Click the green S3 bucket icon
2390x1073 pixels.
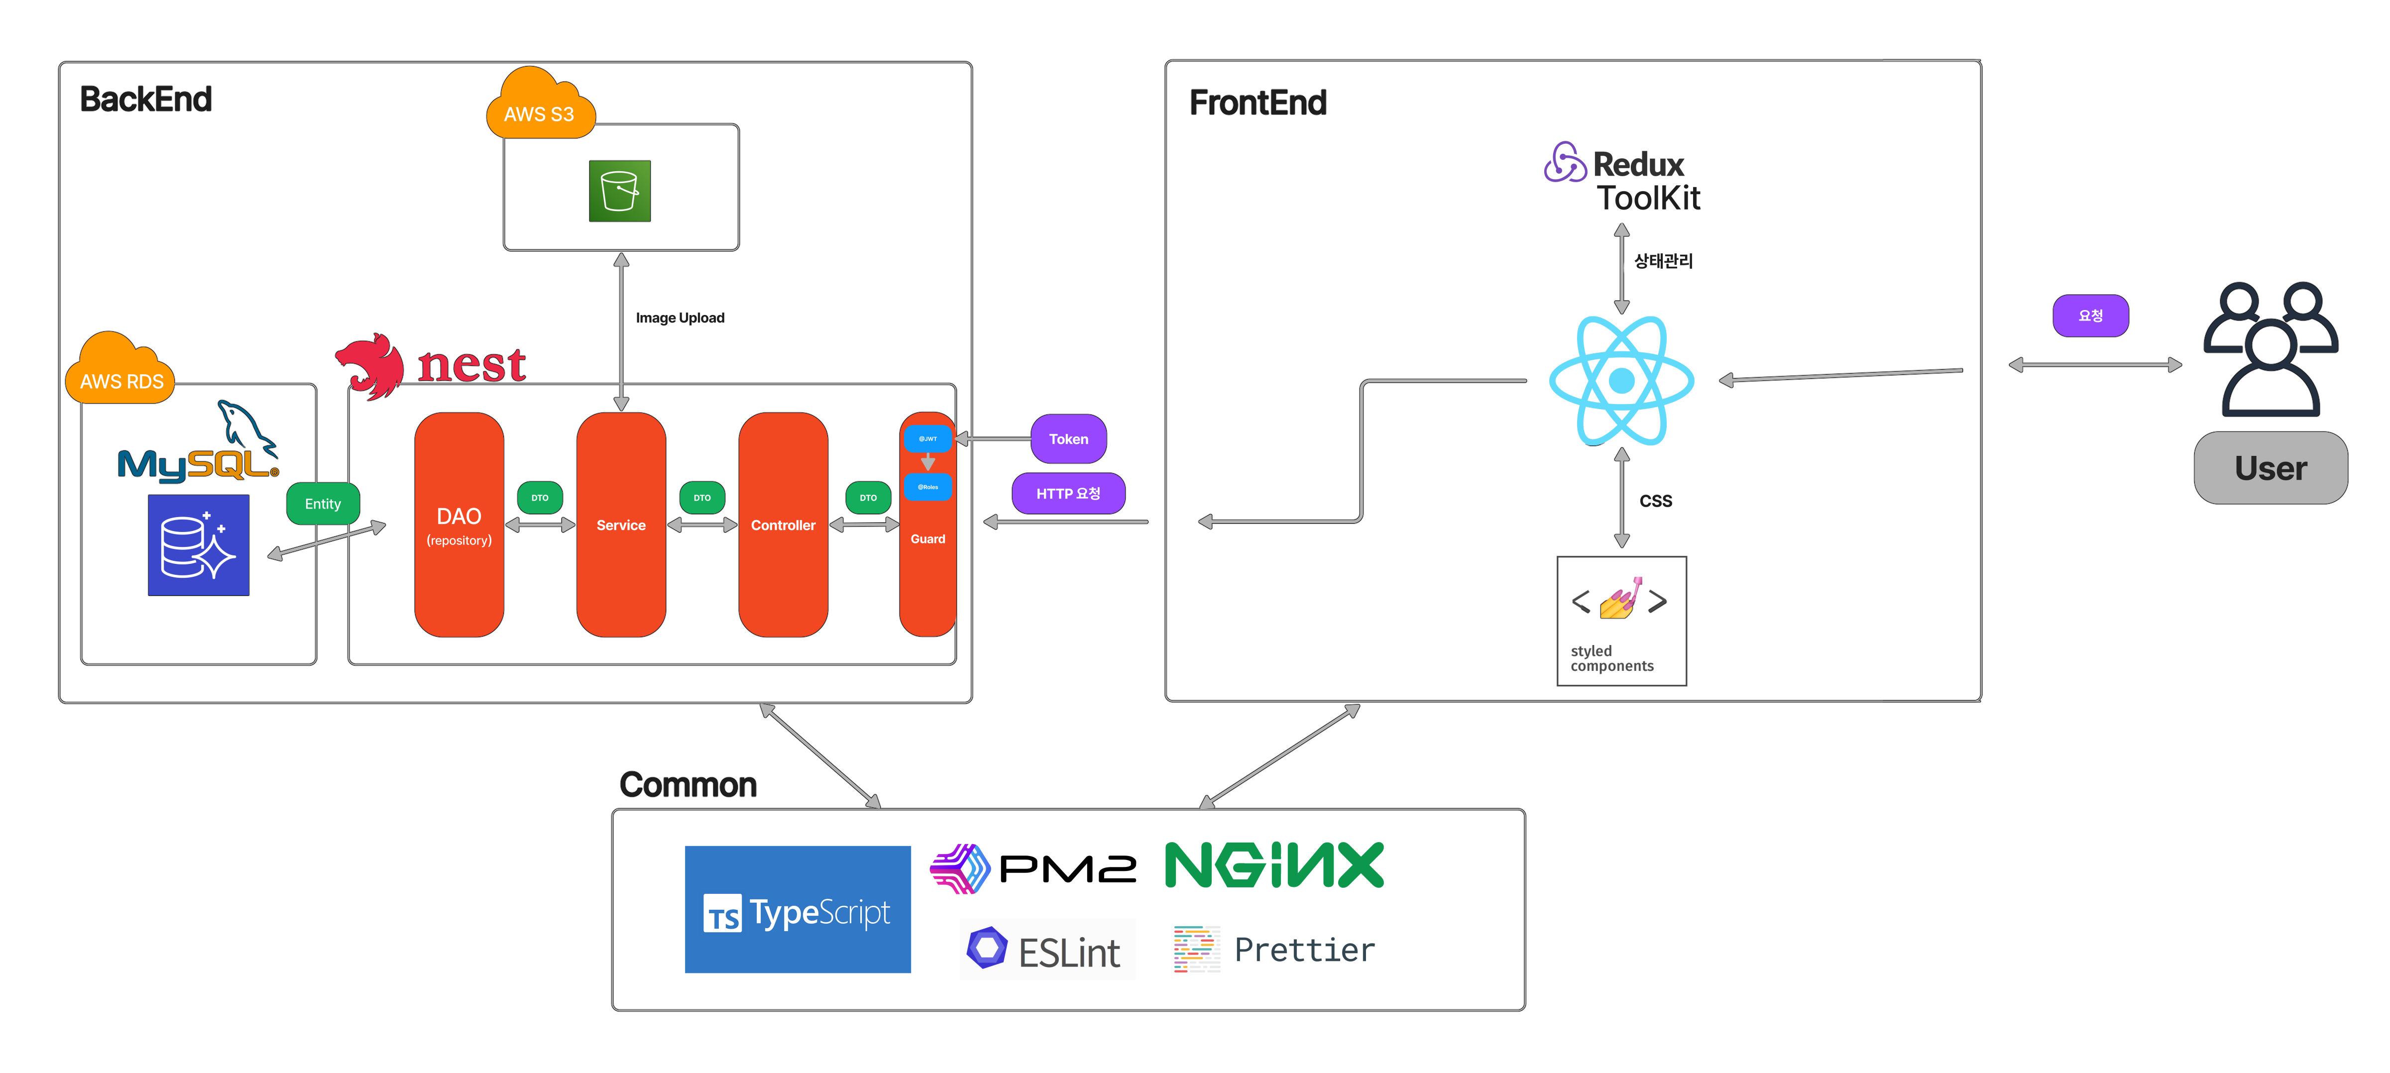620,191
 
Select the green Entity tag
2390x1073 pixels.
323,504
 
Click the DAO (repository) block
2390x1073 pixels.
459,525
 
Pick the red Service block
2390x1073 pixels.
621,525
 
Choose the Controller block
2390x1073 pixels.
783,525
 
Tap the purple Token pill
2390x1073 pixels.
1068,438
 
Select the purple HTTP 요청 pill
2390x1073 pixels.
1068,493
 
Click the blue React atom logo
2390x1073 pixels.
1621,380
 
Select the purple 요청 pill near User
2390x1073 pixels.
2090,316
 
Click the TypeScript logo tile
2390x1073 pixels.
797,909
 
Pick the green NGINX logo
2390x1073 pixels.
1274,865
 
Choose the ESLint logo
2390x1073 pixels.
1046,950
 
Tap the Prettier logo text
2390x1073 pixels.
1304,950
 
